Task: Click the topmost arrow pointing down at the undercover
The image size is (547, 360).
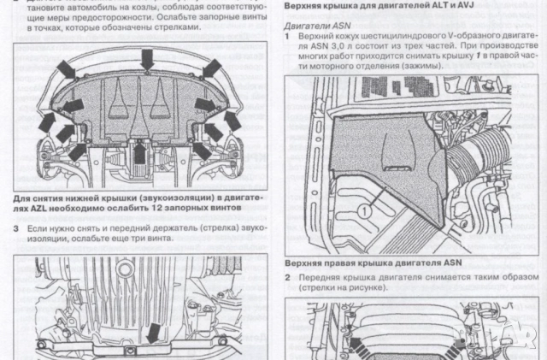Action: tap(148, 58)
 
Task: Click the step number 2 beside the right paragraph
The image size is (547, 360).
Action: tap(288, 277)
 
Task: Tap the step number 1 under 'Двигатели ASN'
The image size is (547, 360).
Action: tap(287, 38)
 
